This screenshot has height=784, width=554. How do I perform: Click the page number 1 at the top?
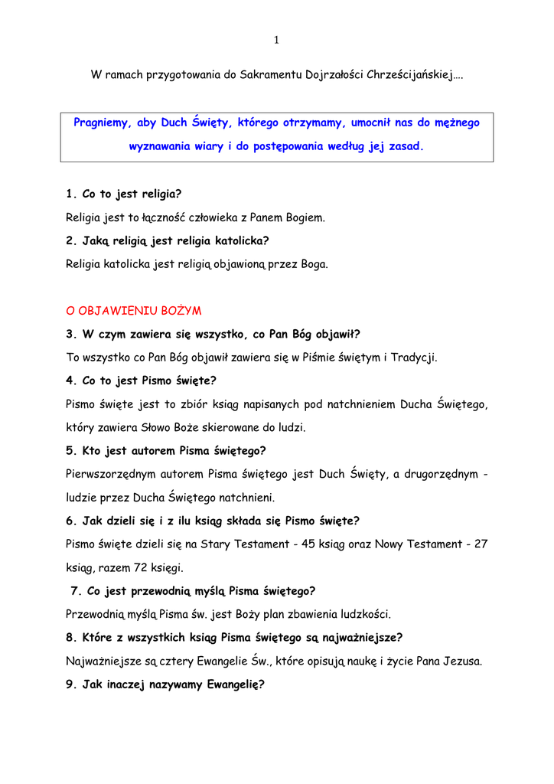click(276, 41)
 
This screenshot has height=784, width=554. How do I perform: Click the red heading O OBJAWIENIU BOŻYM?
click(133, 311)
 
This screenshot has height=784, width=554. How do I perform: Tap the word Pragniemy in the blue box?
click(100, 122)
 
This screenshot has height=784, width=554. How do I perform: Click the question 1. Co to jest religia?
click(123, 194)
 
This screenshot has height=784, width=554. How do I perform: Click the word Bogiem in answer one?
click(305, 217)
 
